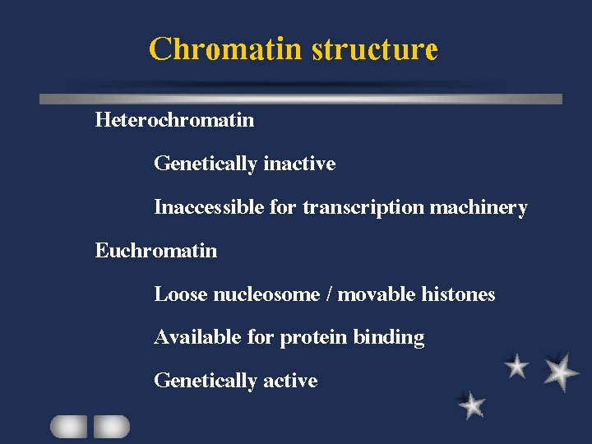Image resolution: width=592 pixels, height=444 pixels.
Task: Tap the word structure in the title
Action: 375,49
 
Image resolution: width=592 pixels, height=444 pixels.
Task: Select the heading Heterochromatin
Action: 174,120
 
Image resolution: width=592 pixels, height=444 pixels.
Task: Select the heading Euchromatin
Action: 156,251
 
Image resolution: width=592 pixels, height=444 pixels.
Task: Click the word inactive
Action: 299,164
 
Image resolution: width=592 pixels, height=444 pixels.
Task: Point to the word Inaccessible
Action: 209,207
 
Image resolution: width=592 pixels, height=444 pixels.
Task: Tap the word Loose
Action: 181,294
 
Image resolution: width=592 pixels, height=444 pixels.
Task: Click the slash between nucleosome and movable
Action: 330,294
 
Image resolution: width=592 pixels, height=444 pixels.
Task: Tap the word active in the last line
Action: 290,381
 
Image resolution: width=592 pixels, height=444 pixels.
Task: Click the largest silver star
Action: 561,372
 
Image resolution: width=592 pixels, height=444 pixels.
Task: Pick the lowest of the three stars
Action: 471,405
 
